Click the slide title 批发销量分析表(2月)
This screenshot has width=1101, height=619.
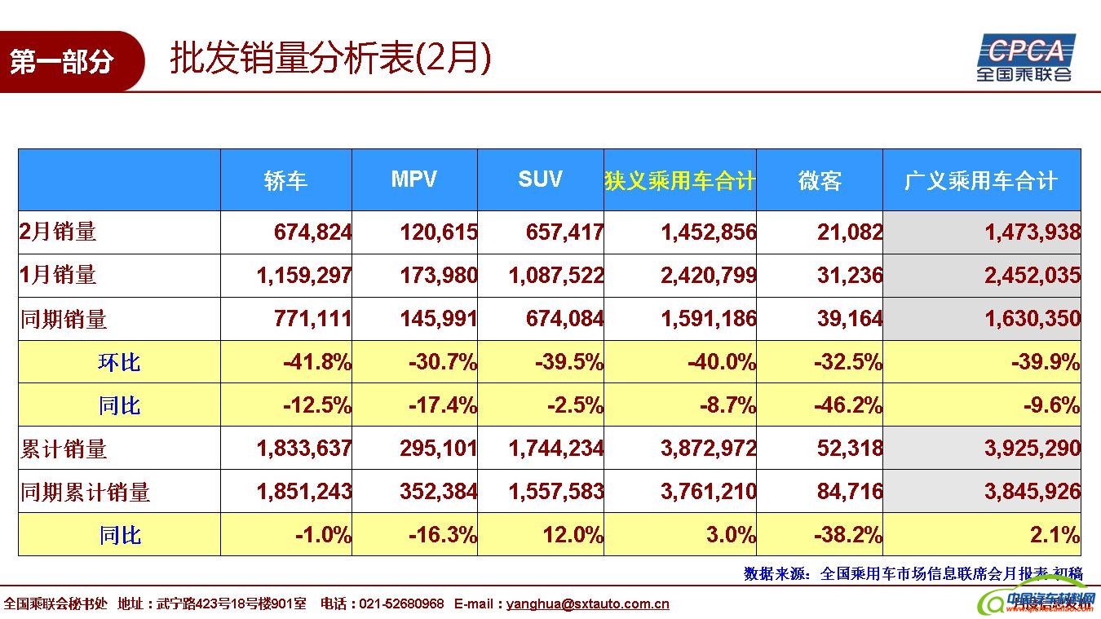330,59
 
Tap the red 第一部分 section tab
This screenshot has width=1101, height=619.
63,62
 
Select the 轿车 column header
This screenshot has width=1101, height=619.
285,180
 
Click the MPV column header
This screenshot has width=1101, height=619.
414,179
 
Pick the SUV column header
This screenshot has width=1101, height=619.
540,179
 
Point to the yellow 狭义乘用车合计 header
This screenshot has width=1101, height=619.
679,180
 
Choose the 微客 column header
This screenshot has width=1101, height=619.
819,180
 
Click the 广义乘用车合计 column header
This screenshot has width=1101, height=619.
981,180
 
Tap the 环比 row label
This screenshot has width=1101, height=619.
119,361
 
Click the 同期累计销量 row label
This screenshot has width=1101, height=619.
86,492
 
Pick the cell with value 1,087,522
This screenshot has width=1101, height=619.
555,276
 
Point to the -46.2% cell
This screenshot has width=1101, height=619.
847,405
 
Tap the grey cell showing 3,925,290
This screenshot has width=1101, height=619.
1032,449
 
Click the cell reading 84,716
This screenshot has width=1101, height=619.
850,492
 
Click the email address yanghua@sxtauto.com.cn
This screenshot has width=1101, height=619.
587,604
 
